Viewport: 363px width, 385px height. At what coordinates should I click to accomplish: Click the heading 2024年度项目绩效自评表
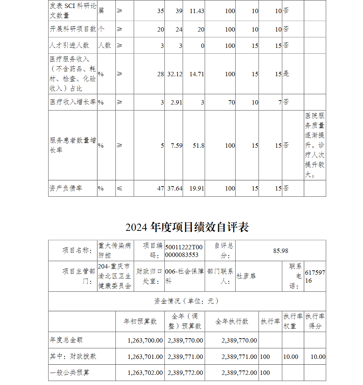187,228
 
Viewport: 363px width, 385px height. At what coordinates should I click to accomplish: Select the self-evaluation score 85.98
281,251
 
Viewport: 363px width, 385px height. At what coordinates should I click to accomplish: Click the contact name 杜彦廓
246,276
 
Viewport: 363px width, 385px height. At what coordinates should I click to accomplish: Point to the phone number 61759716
314,276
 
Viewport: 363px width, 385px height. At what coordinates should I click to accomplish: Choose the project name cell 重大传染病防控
114,251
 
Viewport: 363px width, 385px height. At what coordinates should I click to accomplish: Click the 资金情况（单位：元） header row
187,301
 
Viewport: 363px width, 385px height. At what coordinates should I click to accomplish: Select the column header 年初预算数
140,321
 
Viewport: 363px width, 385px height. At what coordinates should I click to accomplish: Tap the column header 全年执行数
232,321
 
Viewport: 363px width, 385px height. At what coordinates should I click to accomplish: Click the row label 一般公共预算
70,373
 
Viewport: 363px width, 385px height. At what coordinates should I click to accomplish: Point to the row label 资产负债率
66,188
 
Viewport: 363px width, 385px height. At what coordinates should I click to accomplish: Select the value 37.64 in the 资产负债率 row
175,188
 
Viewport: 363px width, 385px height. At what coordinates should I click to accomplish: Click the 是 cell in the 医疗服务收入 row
286,74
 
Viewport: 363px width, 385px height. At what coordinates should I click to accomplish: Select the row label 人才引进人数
69,46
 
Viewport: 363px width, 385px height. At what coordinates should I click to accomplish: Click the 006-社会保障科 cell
184,276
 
